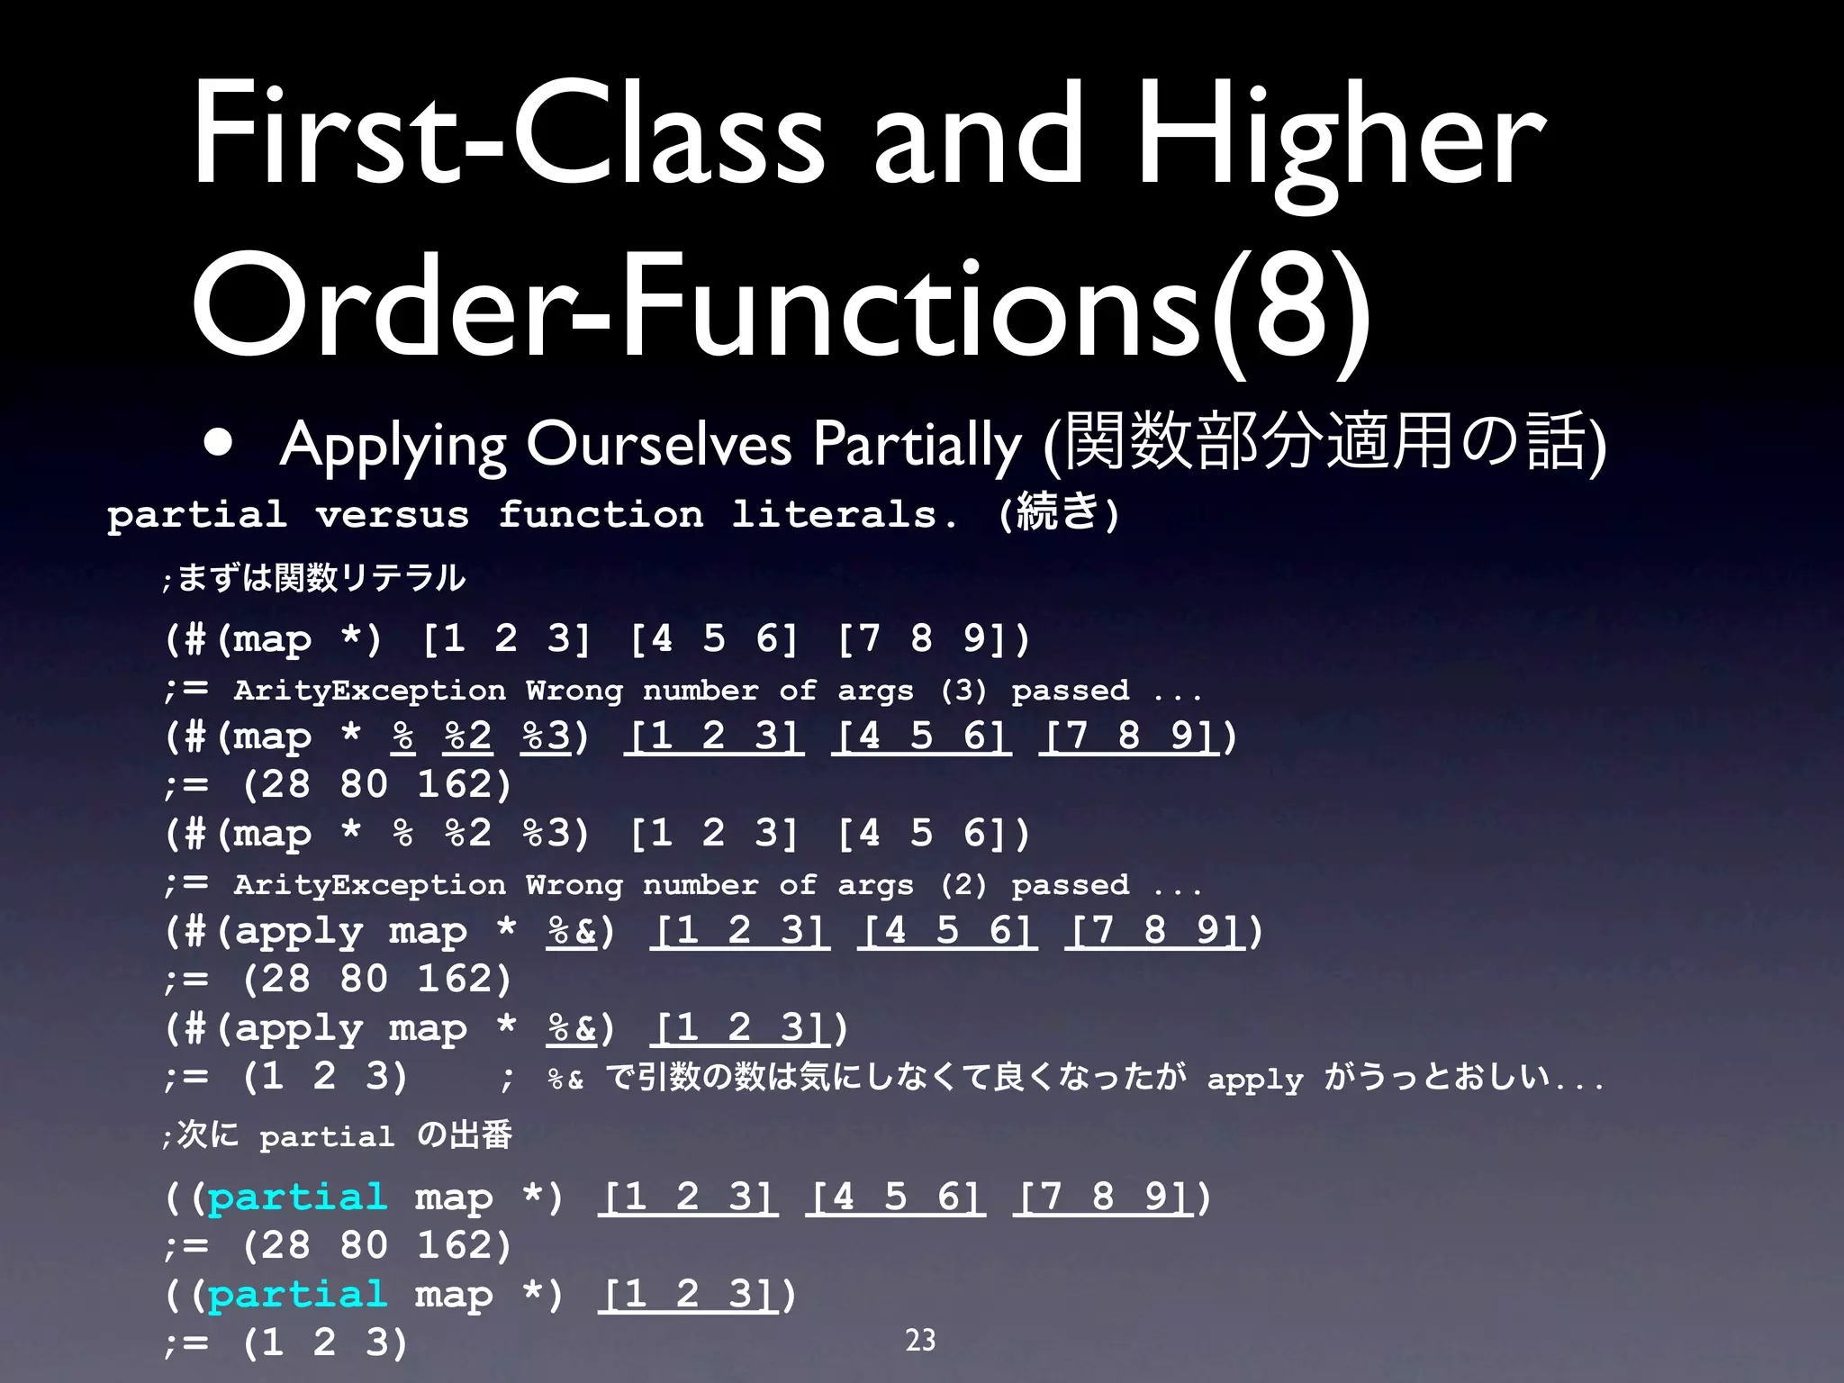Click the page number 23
pos(920,1340)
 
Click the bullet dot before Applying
pos(219,443)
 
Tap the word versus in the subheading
pos(392,515)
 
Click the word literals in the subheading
pos(836,515)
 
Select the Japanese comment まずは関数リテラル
pos(321,577)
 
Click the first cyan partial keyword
pos(297,1198)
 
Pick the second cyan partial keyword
pos(297,1295)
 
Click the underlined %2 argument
pos(468,737)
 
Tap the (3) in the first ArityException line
pos(963,691)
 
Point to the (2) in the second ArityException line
pos(963,885)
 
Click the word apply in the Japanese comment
pos(1254,1079)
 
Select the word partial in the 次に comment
pos(327,1137)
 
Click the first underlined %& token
pos(572,931)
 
